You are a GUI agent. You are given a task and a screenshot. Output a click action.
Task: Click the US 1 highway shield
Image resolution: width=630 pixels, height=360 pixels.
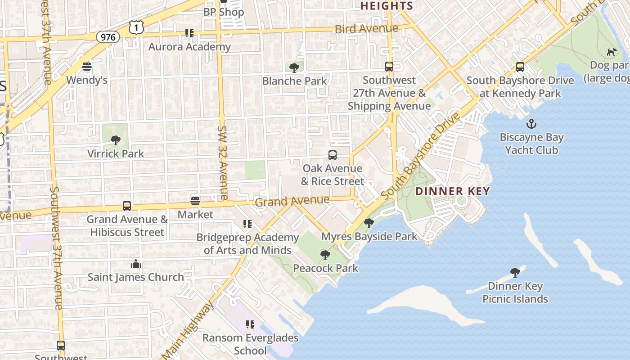point(136,27)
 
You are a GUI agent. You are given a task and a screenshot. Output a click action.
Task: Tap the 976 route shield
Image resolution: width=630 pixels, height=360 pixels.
point(108,37)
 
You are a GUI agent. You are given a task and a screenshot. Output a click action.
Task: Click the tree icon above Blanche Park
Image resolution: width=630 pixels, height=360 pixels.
point(294,68)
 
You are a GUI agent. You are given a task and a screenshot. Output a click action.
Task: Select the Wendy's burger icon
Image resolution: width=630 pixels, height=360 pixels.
point(87,67)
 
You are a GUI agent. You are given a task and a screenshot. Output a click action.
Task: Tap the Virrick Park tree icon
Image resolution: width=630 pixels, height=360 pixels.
point(116,140)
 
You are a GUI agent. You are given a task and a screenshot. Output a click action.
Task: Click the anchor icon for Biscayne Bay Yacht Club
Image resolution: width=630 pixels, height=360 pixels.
point(531,124)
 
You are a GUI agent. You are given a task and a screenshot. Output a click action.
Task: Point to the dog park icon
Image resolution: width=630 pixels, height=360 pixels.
point(612,52)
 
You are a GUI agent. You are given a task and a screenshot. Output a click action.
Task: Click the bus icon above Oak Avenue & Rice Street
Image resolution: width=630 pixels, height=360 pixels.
point(333,155)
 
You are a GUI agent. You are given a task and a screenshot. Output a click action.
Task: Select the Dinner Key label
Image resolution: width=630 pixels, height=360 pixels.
point(452,191)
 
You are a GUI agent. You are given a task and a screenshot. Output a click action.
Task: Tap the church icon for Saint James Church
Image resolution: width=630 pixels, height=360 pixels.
point(136,264)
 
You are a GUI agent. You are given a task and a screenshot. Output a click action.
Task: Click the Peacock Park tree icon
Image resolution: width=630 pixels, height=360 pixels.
point(325,255)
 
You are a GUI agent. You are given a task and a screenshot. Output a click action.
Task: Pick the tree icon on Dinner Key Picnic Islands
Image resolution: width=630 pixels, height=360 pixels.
point(515,273)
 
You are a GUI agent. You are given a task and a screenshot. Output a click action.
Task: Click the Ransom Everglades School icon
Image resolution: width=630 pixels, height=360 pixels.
point(250,324)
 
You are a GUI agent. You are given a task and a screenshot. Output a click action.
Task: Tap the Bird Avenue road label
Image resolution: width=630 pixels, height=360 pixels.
point(366,29)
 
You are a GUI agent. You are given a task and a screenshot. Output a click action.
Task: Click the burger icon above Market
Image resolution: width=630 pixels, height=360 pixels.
point(195,201)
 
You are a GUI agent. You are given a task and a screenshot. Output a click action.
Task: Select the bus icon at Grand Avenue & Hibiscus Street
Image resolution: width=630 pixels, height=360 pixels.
point(127,206)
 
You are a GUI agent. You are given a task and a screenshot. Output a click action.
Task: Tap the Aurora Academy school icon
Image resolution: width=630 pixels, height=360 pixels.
point(189,33)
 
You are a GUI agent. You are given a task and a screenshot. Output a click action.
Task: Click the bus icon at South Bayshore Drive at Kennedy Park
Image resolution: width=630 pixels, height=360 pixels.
point(520,67)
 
